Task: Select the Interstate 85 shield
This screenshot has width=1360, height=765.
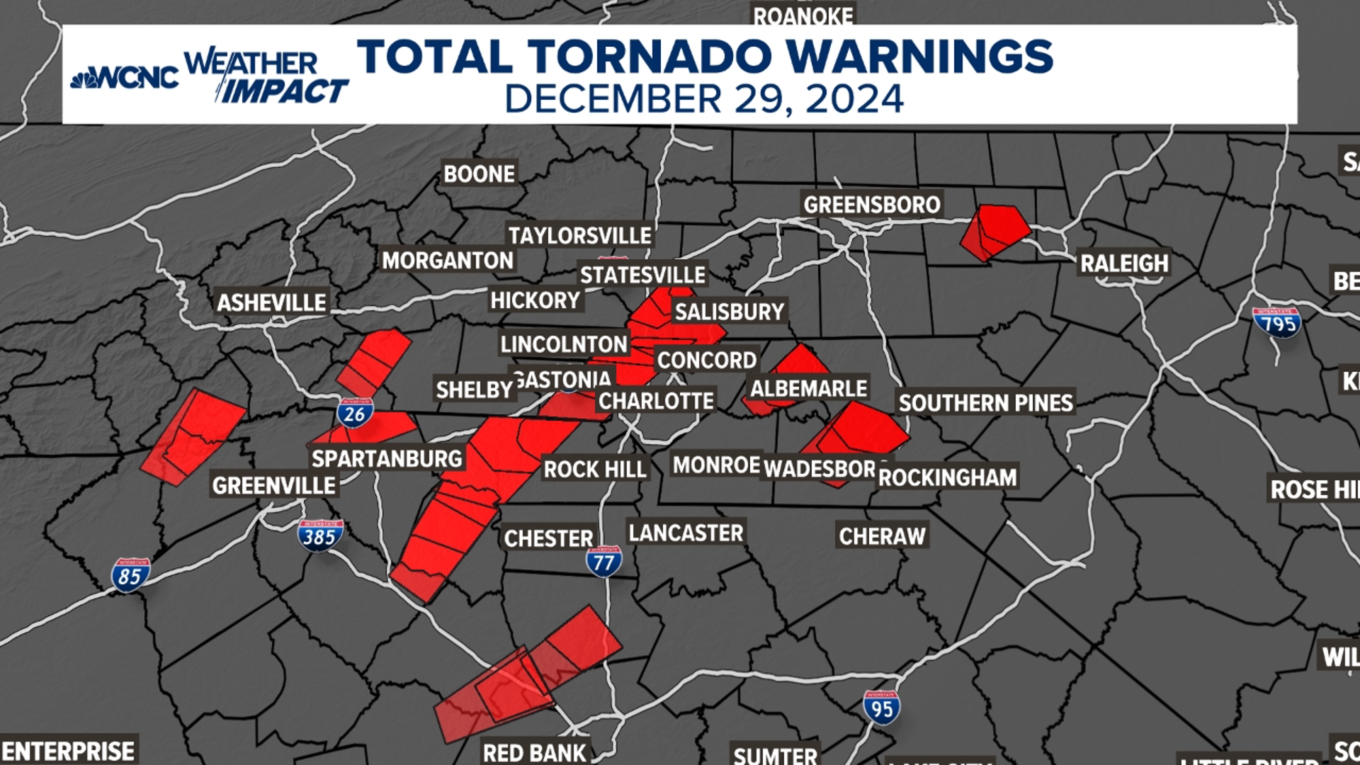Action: tap(130, 575)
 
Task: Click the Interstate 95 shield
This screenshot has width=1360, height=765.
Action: tap(882, 708)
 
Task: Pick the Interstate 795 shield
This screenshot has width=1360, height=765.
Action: tap(1276, 323)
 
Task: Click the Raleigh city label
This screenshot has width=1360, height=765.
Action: tap(1123, 263)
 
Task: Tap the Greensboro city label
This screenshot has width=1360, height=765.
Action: tap(871, 205)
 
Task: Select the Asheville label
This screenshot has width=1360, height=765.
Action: tap(271, 302)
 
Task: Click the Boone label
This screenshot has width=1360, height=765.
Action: tap(479, 174)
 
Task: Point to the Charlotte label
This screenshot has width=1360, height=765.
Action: tap(656, 401)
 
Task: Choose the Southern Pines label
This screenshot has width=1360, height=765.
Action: tap(985, 403)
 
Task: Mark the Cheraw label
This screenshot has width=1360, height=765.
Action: tap(882, 535)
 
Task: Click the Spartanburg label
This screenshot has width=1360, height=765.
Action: tap(387, 458)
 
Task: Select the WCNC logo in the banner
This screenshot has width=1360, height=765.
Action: tap(126, 77)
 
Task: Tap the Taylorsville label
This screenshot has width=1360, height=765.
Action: tap(579, 235)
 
